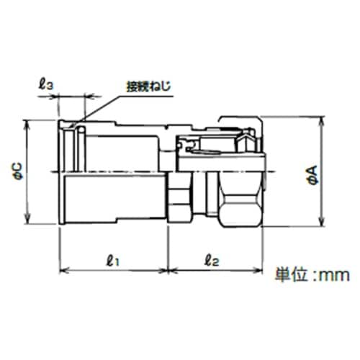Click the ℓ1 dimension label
(x=112, y=261)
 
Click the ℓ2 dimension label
(x=212, y=261)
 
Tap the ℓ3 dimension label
(x=46, y=85)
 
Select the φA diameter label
(x=312, y=175)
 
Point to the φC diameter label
(x=18, y=171)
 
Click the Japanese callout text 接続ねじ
(x=149, y=86)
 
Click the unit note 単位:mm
(x=312, y=274)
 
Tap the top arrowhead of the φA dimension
(x=321, y=121)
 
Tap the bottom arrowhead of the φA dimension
(x=321, y=222)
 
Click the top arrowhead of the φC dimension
(x=27, y=125)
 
